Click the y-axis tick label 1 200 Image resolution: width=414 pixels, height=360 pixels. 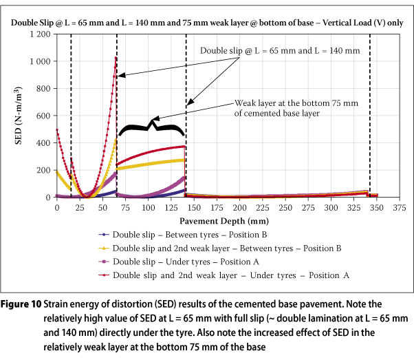[x=40, y=34]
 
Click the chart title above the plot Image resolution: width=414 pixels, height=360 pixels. [x=207, y=21]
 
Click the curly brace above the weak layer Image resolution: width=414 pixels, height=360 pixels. [x=150, y=127]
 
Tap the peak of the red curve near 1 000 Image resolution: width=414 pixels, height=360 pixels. [x=116, y=58]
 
